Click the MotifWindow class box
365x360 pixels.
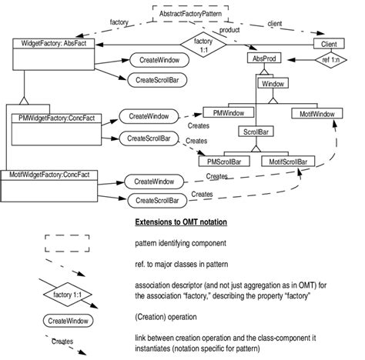[317, 113]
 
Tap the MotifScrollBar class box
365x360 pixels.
[287, 162]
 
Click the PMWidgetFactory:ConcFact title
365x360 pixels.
[61, 118]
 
